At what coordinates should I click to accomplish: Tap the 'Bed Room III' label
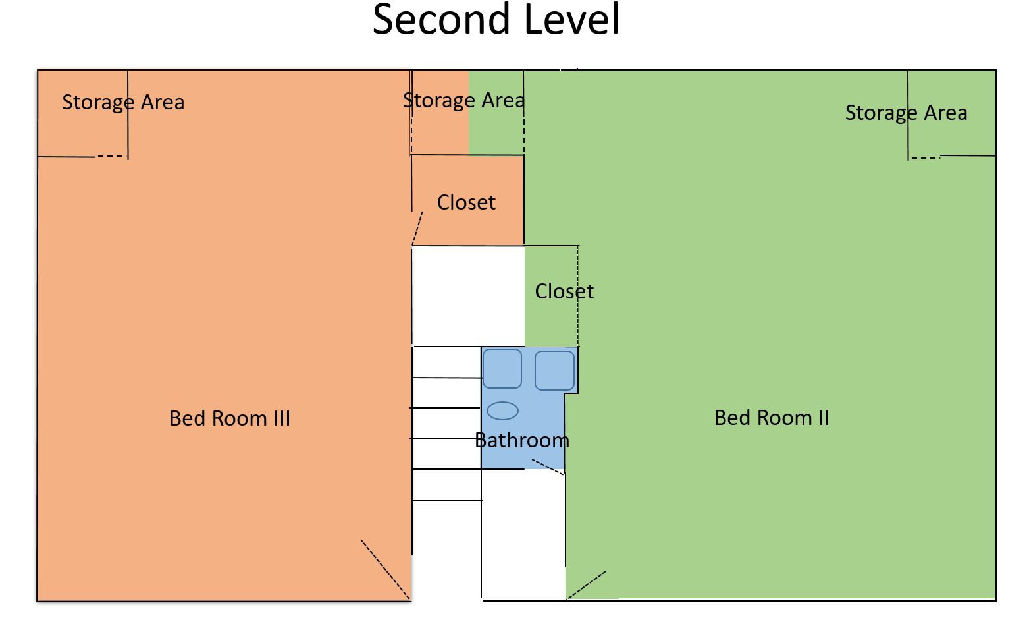coord(230,418)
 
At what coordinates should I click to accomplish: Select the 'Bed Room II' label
coord(772,418)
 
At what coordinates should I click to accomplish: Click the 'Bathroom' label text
coord(522,440)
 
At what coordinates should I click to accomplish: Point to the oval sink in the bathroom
coord(502,411)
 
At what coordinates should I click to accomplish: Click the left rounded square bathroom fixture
coord(502,368)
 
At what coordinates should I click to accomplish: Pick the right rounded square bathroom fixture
coord(554,370)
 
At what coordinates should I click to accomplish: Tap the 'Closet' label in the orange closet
coord(466,202)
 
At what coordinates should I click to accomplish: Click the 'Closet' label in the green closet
coord(564,291)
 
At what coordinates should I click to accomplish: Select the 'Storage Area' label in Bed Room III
coord(123,102)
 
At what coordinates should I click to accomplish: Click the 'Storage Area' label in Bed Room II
coord(906,113)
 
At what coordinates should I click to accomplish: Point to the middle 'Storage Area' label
coord(463,101)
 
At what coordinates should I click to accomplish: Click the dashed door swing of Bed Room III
coord(386,570)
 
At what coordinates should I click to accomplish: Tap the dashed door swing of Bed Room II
coord(585,585)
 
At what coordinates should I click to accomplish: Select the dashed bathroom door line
coord(548,467)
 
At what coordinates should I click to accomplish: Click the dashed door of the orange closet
coord(417,228)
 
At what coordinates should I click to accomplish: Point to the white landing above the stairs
coord(468,296)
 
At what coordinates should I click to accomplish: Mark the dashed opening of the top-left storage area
coord(111,157)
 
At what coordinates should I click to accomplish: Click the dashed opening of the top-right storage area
coord(925,158)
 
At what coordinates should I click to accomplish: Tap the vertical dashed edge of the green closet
coord(578,296)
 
